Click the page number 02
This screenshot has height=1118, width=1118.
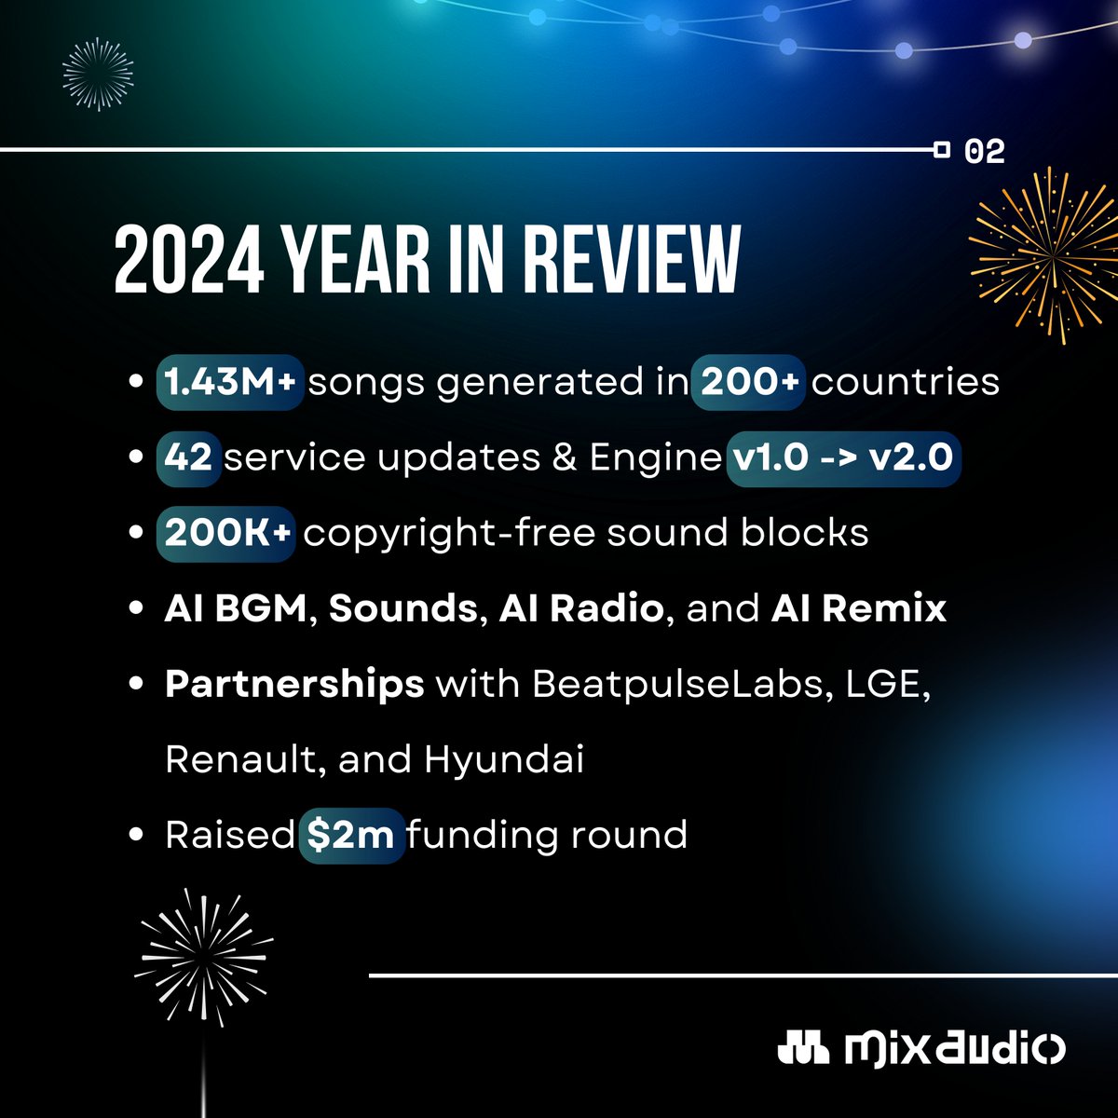click(x=986, y=151)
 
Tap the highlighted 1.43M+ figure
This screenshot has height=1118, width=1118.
click(x=230, y=382)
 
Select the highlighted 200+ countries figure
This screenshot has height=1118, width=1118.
click(x=750, y=382)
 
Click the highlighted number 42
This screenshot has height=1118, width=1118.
click(x=189, y=457)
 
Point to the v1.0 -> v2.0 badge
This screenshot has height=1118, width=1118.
click(x=842, y=457)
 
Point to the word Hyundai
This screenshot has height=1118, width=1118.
click(x=504, y=760)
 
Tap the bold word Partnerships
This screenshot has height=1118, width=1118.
click(x=294, y=685)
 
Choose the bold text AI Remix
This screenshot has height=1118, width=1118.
click(x=858, y=609)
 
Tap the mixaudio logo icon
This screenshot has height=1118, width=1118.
click(x=802, y=1047)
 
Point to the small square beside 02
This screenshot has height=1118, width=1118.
click(x=942, y=149)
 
